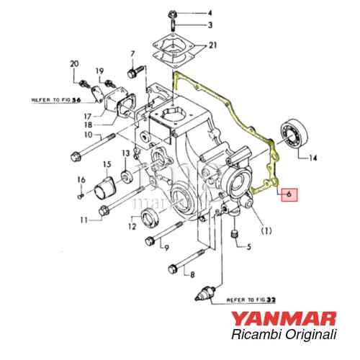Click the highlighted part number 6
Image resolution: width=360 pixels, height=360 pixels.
pyautogui.click(x=289, y=194)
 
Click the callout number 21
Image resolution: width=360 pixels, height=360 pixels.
pyautogui.click(x=212, y=45)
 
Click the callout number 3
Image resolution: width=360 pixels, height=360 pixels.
pyautogui.click(x=211, y=25)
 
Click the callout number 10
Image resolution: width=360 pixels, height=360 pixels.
pyautogui.click(x=87, y=135)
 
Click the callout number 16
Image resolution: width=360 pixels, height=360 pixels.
pyautogui.click(x=81, y=180)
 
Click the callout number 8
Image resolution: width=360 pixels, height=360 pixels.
pyautogui.click(x=192, y=274)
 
